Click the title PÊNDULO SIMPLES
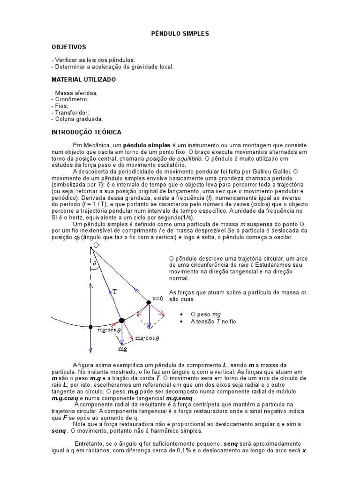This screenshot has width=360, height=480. [180, 34]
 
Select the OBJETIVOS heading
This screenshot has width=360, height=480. [69, 47]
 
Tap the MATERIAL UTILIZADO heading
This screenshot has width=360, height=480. [83, 80]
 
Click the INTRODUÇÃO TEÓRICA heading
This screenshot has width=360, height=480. [86, 132]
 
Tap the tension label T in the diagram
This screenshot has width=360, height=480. [114, 292]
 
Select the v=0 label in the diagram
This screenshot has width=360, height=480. [158, 298]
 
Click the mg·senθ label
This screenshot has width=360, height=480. [109, 330]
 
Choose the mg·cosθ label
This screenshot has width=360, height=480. [147, 338]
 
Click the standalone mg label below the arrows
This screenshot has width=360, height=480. [122, 349]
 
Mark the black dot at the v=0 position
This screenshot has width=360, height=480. [149, 303]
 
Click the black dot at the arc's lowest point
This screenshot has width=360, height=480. [90, 327]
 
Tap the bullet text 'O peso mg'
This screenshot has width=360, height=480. [205, 314]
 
